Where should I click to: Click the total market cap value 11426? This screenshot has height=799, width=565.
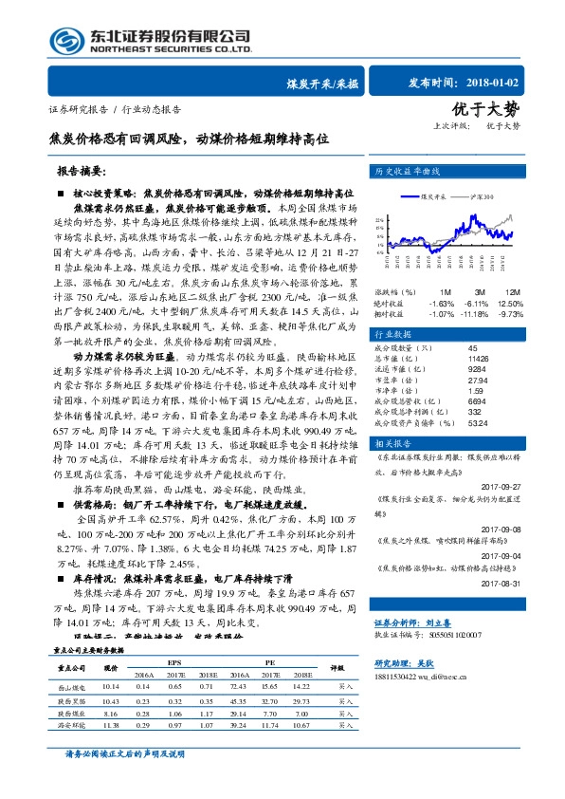point(477,359)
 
